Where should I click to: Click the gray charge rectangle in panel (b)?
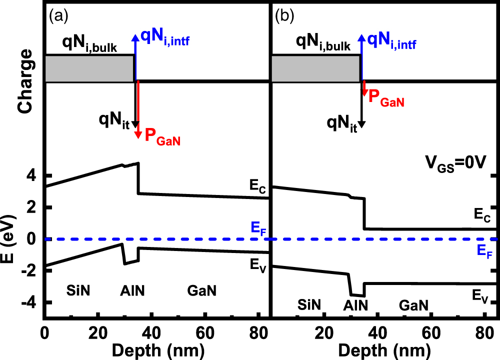point(315,68)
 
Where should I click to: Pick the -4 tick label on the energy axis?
point(31,302)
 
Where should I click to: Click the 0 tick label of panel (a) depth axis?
point(44,330)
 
